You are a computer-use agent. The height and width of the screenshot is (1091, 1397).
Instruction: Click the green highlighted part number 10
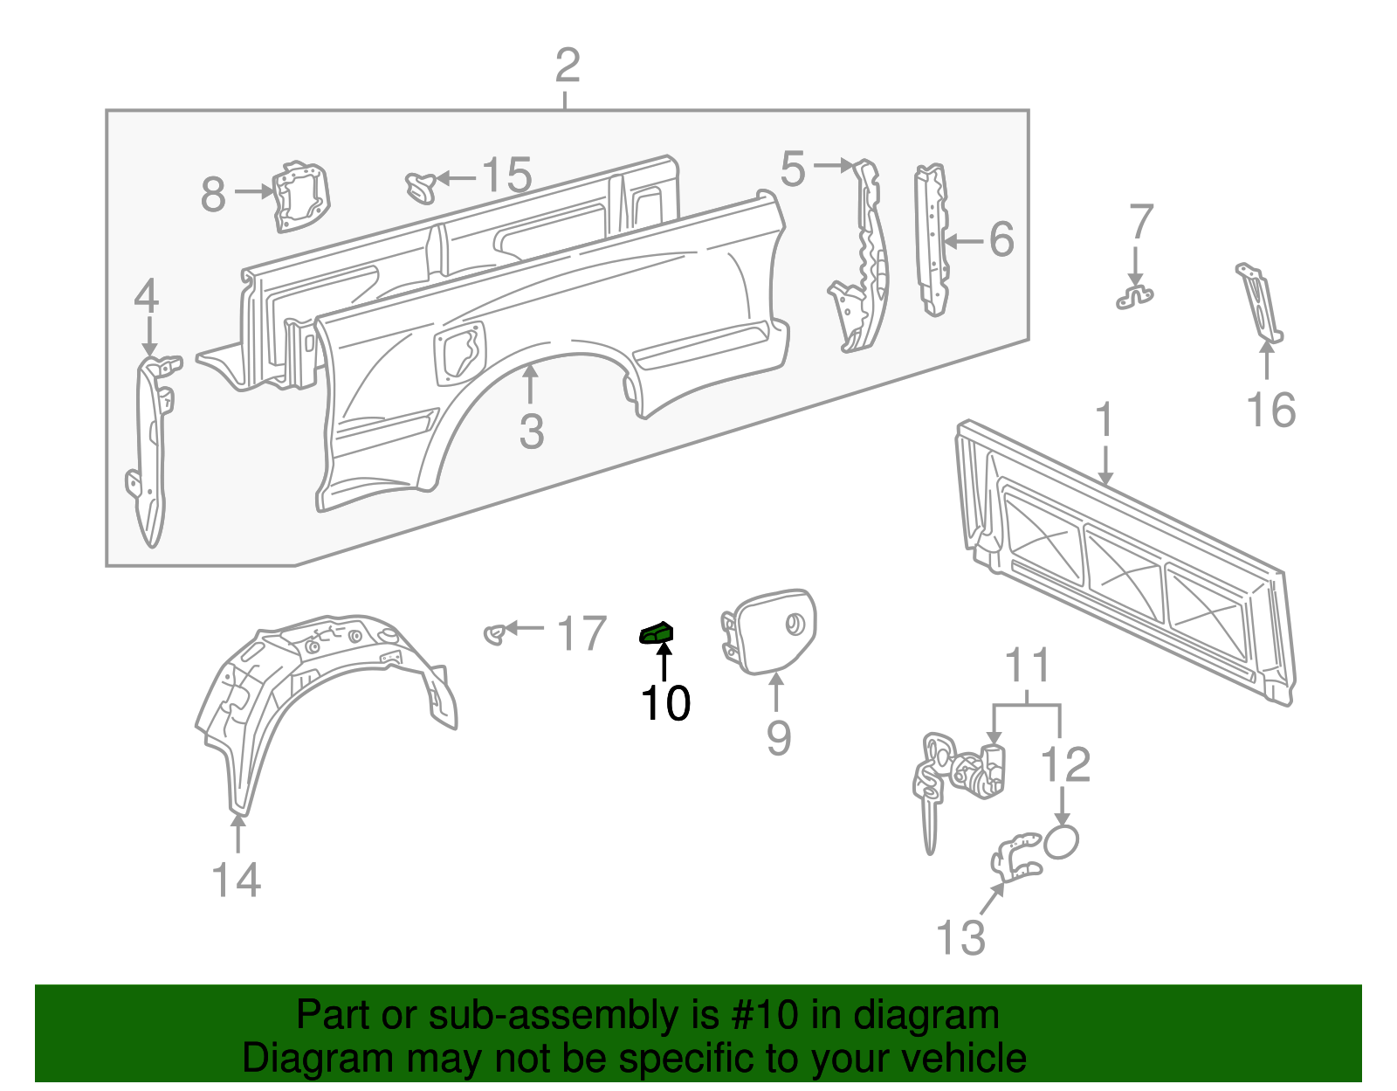coord(657,632)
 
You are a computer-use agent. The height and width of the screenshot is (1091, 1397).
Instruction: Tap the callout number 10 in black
coord(665,703)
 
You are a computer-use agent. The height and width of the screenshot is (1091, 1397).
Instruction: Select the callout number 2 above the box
coord(568,66)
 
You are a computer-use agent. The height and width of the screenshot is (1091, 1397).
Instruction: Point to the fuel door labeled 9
coord(770,631)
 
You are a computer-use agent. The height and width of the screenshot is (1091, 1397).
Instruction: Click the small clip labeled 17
coord(495,632)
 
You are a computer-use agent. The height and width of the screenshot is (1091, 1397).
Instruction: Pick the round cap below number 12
coord(1061,841)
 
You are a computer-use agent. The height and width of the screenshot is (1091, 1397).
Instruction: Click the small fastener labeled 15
coord(421,186)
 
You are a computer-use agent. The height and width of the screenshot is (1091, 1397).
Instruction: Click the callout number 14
coord(237,880)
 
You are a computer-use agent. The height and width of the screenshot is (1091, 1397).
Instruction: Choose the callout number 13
coord(960,937)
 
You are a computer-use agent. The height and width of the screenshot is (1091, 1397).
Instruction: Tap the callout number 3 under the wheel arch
coord(531,432)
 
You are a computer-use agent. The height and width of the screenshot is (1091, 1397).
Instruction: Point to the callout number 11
coord(1028,666)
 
